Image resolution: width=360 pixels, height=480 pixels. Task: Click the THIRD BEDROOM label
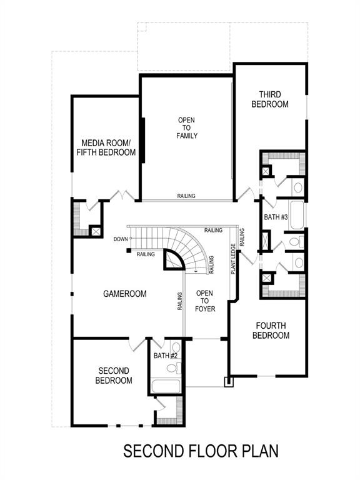pyautogui.click(x=270, y=99)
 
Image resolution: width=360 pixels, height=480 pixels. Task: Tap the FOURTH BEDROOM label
pyautogui.click(x=271, y=330)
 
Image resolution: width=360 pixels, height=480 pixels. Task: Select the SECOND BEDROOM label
pyautogui.click(x=114, y=375)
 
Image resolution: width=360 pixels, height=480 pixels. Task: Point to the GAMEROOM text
pyautogui.click(x=125, y=293)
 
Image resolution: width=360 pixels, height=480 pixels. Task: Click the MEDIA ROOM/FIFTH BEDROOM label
pyautogui.click(x=106, y=147)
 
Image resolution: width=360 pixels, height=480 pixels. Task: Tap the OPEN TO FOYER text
pyautogui.click(x=204, y=301)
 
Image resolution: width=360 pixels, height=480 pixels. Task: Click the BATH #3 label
pyautogui.click(x=275, y=217)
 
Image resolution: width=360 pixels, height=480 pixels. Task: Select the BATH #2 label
pyautogui.click(x=166, y=356)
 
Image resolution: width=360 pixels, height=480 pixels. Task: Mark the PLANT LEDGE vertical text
pyautogui.click(x=233, y=259)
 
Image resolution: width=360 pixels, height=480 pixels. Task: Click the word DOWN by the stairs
pyautogui.click(x=121, y=239)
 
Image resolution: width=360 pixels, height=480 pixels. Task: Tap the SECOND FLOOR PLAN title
pyautogui.click(x=200, y=451)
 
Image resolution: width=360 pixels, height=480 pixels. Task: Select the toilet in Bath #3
pyautogui.click(x=295, y=241)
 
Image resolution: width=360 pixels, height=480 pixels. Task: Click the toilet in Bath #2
pyautogui.click(x=176, y=348)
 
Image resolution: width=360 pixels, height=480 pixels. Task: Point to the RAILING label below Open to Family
pyautogui.click(x=186, y=196)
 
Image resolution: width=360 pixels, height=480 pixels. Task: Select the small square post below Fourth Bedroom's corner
pyautogui.click(x=229, y=381)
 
